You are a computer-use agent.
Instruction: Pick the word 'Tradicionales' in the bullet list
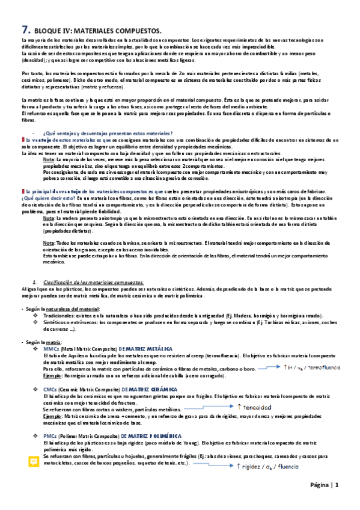pos(59,315)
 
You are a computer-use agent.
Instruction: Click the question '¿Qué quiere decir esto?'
pos(43,197)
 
